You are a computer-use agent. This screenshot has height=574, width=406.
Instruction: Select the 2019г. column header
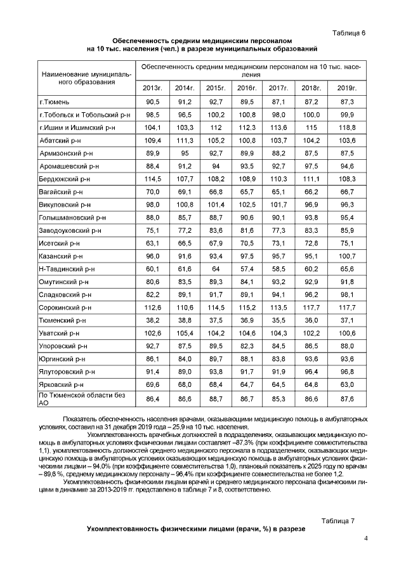pos(347,87)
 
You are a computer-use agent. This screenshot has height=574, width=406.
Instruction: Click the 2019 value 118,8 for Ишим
pos(347,127)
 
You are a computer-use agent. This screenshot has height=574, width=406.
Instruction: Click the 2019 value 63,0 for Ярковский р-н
pos(347,384)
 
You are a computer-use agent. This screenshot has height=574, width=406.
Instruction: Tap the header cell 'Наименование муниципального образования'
pos(86,78)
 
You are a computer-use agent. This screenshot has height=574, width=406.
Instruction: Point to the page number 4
pos(366,538)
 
